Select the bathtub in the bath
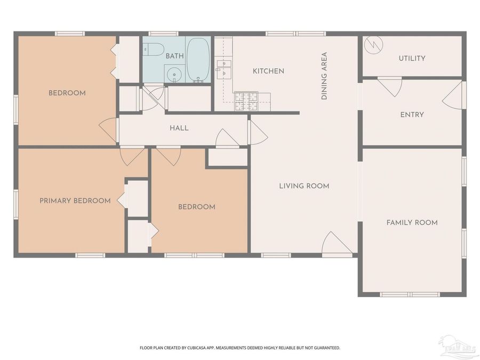[198, 59]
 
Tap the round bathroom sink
[174, 75]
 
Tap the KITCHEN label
[268, 71]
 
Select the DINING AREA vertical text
[324, 76]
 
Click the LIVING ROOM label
[304, 186]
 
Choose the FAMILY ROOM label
[412, 222]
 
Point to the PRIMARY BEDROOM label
[75, 201]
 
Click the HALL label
[179, 128]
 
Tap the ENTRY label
[412, 115]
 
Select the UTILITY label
[412, 58]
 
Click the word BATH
[174, 55]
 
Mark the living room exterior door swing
[336, 244]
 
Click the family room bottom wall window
[410, 294]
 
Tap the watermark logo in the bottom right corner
[451, 347]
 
